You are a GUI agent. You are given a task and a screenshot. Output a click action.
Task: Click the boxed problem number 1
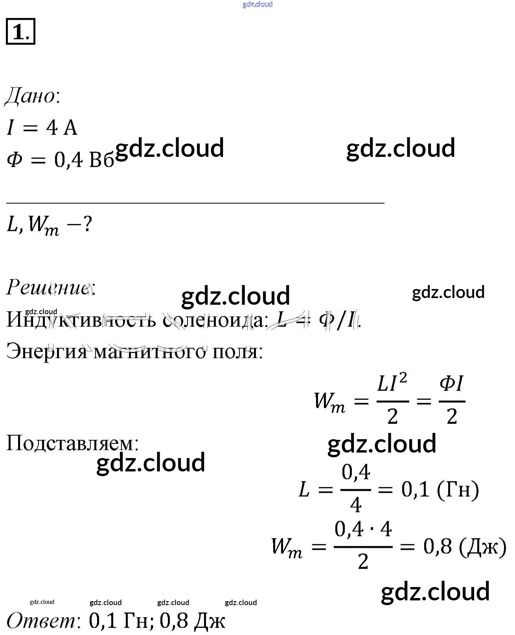click(20, 31)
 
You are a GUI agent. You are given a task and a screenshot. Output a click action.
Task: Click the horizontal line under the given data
click(195, 203)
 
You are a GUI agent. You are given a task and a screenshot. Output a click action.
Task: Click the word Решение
click(49, 288)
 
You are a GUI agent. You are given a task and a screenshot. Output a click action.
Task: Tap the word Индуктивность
click(81, 320)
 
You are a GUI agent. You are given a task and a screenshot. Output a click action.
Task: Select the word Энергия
click(46, 351)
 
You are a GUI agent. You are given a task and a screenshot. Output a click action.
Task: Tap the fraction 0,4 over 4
click(356, 489)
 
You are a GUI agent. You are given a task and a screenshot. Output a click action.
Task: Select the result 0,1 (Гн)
click(440, 490)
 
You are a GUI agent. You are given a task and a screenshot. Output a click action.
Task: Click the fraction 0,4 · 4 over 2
click(363, 546)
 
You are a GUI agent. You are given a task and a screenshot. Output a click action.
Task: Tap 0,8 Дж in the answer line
click(193, 621)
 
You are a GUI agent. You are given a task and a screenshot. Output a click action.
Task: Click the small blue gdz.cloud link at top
click(257, 5)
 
